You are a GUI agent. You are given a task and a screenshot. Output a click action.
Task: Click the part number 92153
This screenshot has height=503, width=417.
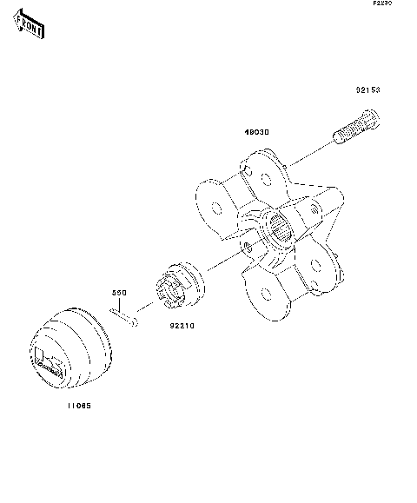(367, 89)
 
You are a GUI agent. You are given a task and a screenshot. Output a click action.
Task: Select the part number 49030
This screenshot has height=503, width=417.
(255, 132)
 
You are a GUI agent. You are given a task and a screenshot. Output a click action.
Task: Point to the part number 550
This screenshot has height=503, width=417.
(119, 295)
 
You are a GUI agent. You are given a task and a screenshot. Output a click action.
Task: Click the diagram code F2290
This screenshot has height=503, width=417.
(383, 4)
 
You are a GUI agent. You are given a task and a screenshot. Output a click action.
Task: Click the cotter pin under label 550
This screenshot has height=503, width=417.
(126, 320)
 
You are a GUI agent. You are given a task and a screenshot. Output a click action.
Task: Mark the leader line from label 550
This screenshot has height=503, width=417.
(121, 307)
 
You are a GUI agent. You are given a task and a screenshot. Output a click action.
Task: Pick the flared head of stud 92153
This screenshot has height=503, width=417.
(372, 115)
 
